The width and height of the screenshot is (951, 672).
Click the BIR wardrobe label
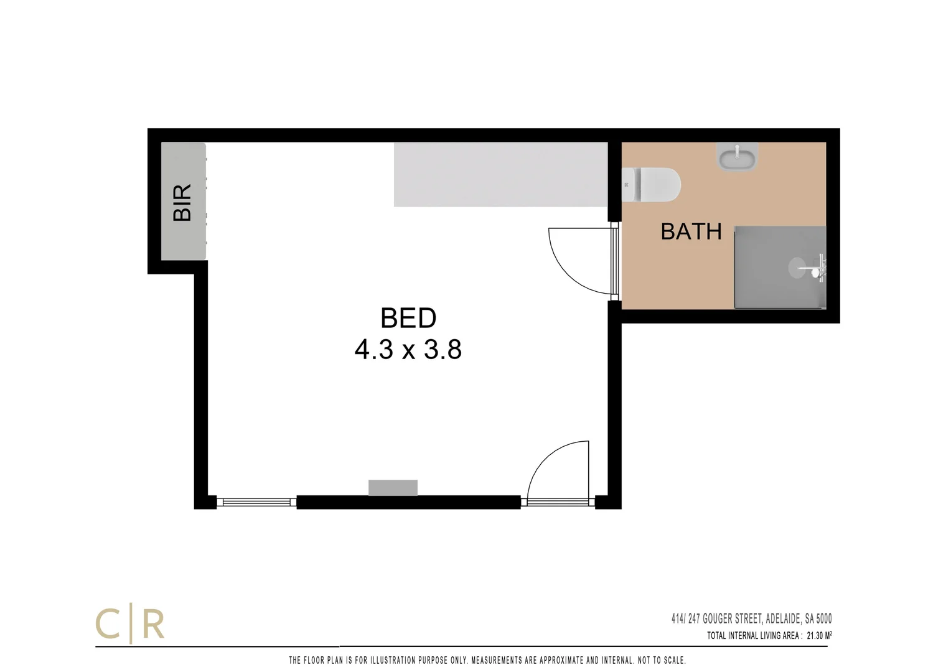(182, 202)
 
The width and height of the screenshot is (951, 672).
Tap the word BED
(408, 319)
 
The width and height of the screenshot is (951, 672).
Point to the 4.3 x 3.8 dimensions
(408, 350)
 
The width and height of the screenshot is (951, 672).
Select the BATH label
(691, 231)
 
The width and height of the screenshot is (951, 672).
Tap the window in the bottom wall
(256, 502)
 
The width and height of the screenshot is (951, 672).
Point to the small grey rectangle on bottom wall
(393, 488)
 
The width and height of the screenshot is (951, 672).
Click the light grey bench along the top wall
(500, 174)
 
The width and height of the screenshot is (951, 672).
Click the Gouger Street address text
(751, 618)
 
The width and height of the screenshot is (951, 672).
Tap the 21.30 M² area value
(819, 636)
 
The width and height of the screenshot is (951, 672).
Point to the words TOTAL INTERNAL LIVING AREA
(753, 636)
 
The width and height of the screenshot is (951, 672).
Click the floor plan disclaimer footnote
(487, 660)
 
